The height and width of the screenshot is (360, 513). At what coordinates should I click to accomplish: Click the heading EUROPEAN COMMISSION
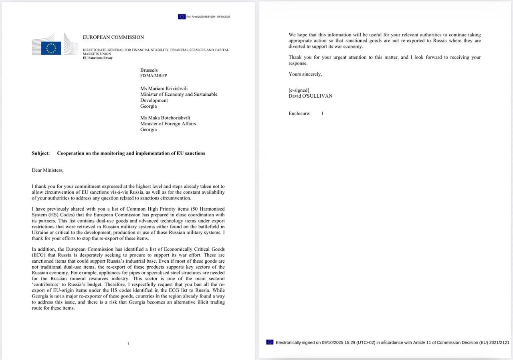113,37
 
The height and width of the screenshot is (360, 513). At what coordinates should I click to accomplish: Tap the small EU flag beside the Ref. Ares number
182,16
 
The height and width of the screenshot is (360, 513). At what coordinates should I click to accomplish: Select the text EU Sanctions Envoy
98,58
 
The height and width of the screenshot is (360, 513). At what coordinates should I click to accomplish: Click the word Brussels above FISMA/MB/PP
149,70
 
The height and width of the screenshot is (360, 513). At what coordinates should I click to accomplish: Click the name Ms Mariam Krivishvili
164,88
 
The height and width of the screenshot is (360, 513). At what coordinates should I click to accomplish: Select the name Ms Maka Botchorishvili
165,118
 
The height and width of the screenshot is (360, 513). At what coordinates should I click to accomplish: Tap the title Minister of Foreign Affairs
168,124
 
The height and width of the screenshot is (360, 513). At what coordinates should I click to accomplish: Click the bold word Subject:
41,153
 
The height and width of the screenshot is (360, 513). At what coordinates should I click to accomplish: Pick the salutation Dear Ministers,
48,170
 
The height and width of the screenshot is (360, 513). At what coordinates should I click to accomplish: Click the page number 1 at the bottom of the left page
128,343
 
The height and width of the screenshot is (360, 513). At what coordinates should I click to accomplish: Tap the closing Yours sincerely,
305,74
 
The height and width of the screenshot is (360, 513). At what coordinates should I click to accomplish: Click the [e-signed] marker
299,90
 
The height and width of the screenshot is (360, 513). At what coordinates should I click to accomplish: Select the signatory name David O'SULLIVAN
310,96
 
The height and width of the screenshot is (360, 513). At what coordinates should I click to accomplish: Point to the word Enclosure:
299,114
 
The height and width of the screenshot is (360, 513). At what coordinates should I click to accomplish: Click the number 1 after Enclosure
322,114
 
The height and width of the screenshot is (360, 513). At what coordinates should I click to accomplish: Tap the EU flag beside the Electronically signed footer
270,342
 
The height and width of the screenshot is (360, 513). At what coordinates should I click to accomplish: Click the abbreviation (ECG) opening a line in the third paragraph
40,255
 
